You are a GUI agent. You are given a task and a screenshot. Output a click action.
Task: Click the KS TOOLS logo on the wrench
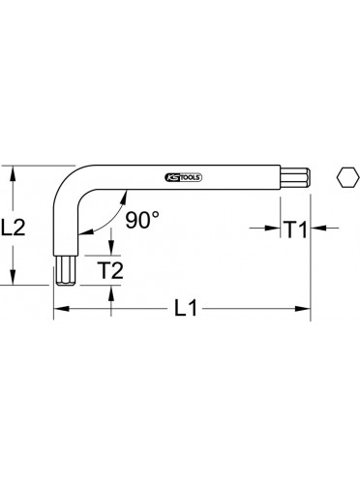[184, 177]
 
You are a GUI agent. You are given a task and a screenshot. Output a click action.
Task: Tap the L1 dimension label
[186, 308]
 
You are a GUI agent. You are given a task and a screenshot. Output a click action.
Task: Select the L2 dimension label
[14, 227]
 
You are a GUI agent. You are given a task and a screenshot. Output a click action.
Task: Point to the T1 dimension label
[296, 229]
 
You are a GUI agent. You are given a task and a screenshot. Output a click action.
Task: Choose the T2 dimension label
[110, 270]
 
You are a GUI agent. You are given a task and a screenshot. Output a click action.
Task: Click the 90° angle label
[142, 220]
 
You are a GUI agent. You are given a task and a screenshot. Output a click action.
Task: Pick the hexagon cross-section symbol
[347, 177]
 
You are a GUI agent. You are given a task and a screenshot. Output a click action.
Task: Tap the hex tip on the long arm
[295, 177]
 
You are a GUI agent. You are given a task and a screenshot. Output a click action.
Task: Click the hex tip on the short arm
[66, 270]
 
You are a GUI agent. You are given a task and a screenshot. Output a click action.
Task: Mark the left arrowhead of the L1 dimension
[61, 309]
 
